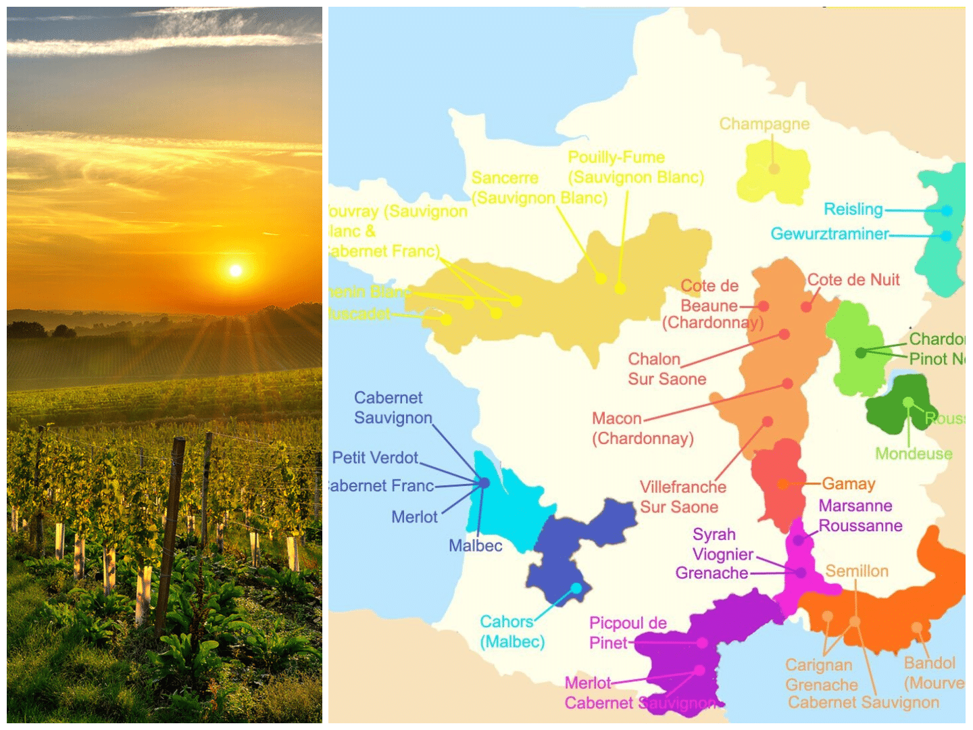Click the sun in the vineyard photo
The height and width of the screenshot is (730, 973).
coord(235,270)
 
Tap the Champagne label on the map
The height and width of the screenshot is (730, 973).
coord(764,124)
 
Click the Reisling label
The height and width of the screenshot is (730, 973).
coord(853,210)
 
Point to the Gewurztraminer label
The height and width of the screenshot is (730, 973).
coord(830,234)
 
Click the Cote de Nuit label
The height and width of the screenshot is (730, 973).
coord(853,280)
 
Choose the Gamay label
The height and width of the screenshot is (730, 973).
coord(849,484)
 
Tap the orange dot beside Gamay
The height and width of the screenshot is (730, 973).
coord(782,484)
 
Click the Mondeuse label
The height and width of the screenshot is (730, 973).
coord(914,454)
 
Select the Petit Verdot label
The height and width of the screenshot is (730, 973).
coord(375,458)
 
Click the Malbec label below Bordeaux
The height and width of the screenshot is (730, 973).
coord(476,545)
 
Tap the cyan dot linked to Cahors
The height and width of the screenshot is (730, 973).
coord(576,588)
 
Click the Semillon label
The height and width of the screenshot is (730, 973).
coord(857,571)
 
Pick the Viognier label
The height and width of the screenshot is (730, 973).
coord(723,554)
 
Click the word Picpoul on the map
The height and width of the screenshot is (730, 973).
coord(618,623)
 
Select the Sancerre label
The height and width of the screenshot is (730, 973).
coord(505,178)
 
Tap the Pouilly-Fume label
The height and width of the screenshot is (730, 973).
coord(616,157)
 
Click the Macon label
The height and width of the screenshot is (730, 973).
coord(617,418)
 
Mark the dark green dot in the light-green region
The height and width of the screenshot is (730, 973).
coord(861,352)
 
